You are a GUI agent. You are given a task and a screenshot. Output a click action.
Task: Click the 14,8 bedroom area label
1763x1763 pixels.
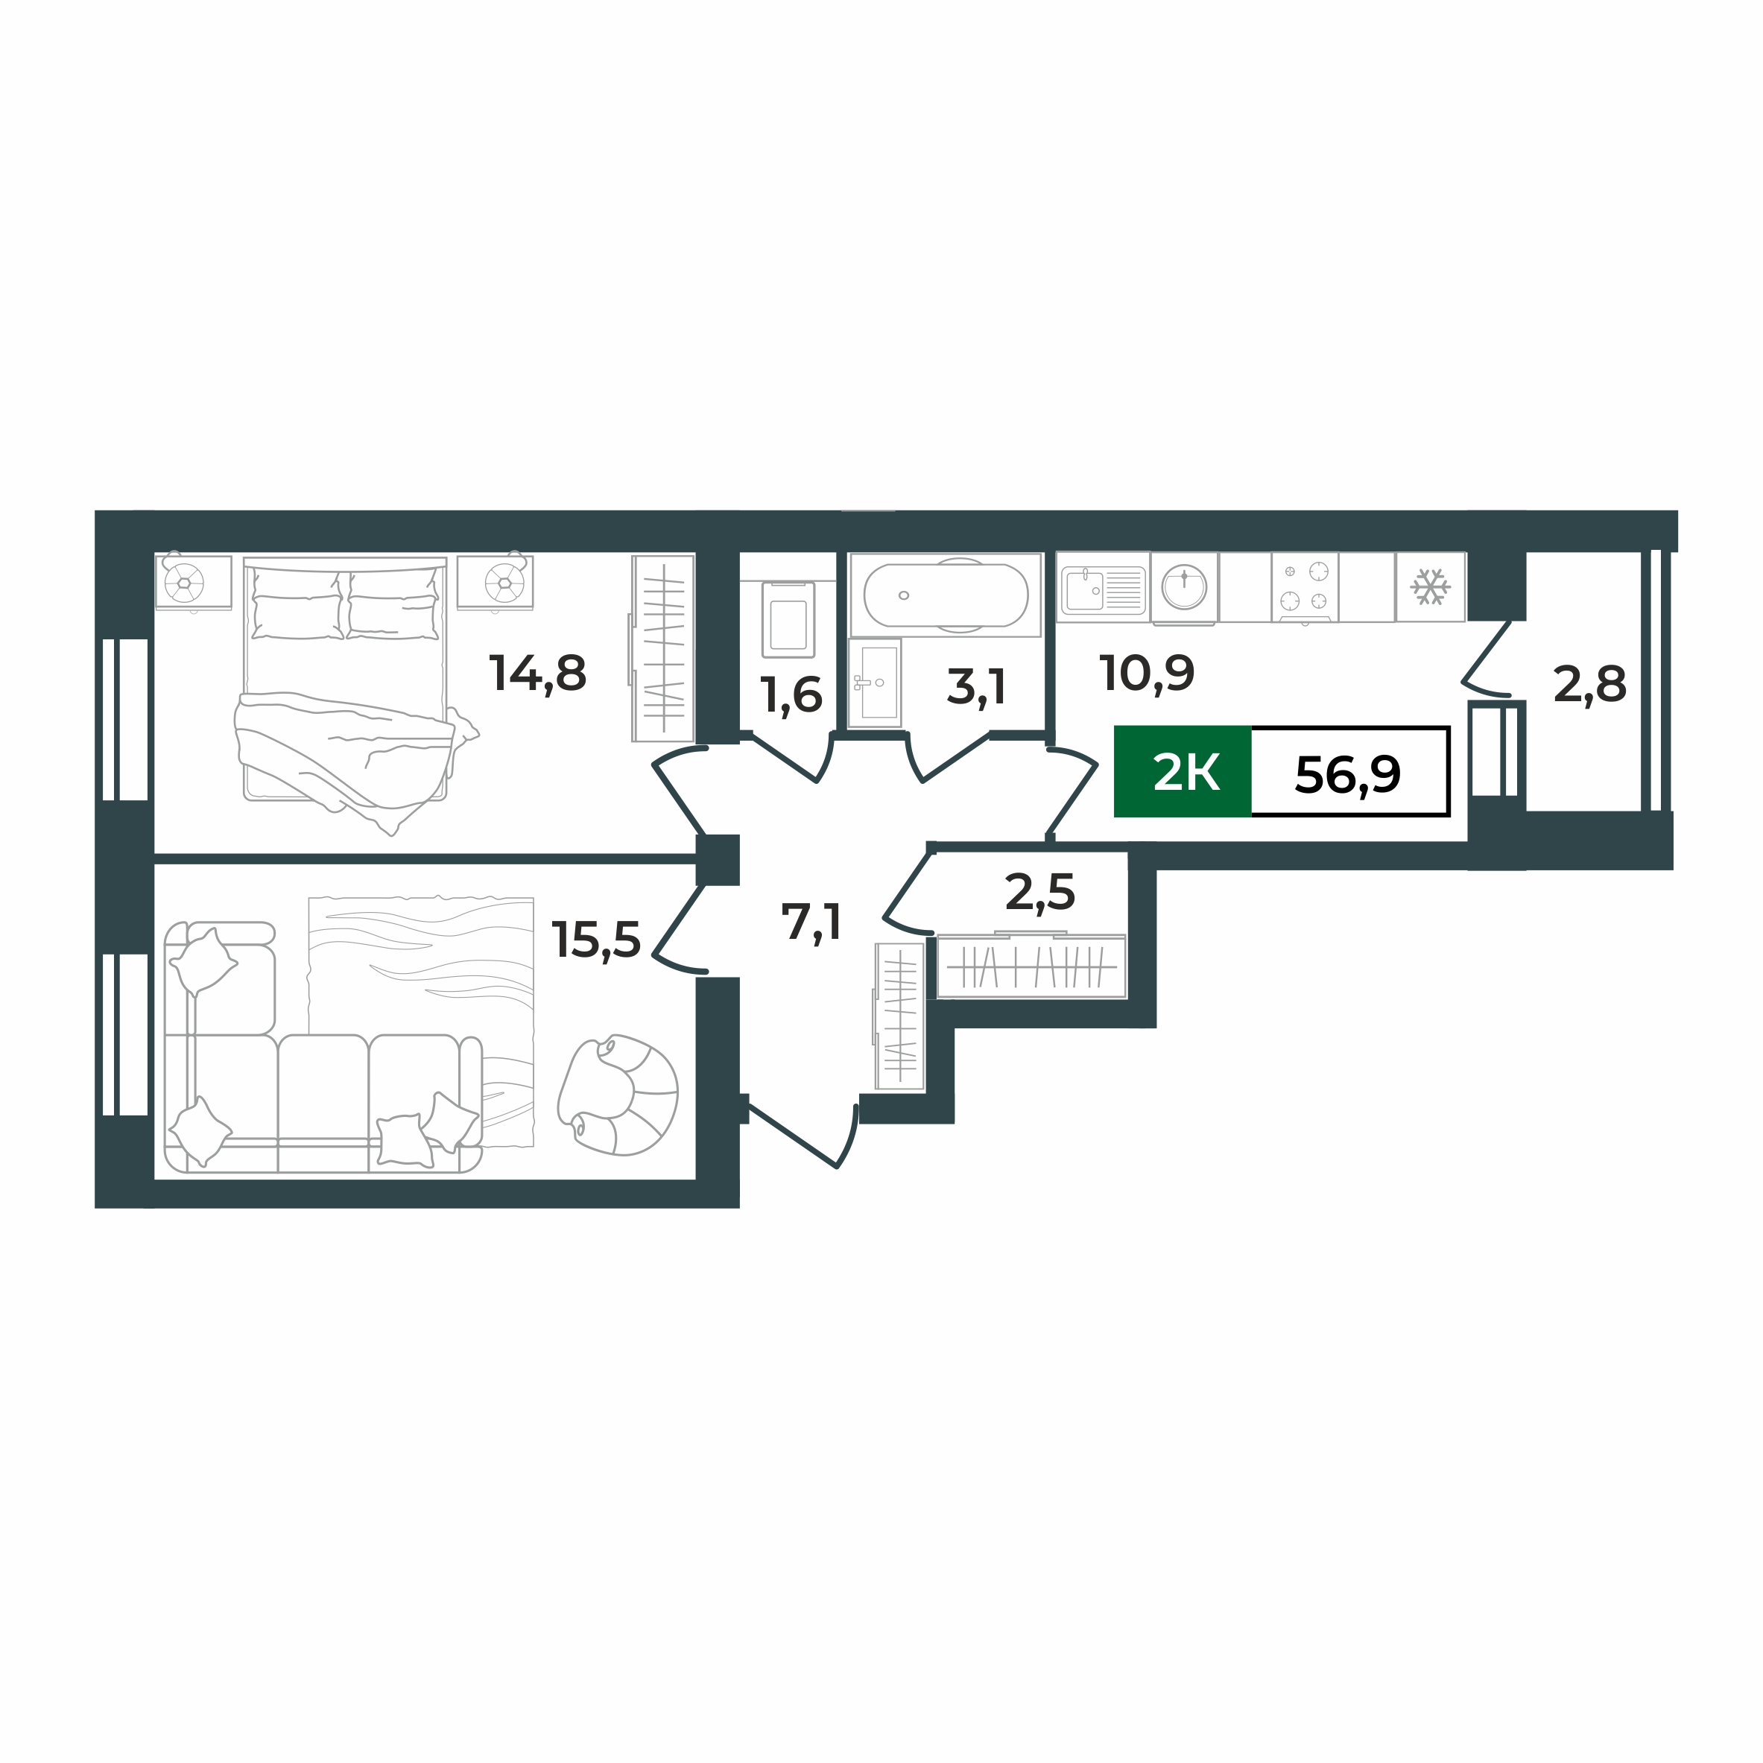tap(537, 674)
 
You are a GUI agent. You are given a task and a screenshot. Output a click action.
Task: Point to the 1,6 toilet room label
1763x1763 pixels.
tap(791, 696)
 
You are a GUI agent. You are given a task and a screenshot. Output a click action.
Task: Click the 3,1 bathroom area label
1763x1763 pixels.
tap(976, 687)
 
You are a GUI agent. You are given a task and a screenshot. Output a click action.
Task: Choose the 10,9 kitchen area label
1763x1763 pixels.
tap(1146, 674)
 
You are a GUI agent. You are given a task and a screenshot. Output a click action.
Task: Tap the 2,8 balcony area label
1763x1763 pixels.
tap(1589, 684)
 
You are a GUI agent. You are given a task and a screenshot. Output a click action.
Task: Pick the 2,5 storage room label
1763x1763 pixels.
tap(1039, 893)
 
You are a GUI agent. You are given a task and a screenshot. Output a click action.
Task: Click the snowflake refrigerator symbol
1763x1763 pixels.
tap(1430, 586)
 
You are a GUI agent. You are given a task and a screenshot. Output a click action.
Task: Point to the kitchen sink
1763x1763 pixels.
tap(1102, 589)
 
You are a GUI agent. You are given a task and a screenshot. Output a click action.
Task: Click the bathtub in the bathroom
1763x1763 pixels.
tap(946, 595)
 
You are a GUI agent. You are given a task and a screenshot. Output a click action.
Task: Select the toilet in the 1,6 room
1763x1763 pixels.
tap(788, 621)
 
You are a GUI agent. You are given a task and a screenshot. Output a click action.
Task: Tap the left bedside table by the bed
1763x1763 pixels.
tap(192, 582)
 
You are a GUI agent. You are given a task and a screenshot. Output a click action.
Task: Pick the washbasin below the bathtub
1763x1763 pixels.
tap(875, 683)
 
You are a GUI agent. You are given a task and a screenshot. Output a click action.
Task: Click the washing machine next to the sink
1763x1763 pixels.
tap(1183, 586)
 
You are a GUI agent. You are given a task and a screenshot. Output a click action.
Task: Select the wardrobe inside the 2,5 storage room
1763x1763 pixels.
tap(1031, 966)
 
